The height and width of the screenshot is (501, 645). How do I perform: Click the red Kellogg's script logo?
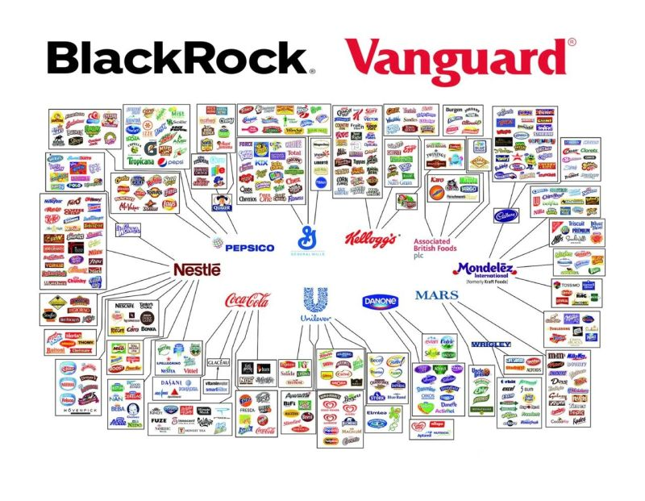[x=372, y=240]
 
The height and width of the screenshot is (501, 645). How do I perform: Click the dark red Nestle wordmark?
[x=196, y=269]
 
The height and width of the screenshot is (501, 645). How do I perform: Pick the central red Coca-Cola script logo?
[x=247, y=301]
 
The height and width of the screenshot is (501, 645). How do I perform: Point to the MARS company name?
[x=437, y=295]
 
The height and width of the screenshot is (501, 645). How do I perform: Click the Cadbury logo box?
[x=506, y=215]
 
